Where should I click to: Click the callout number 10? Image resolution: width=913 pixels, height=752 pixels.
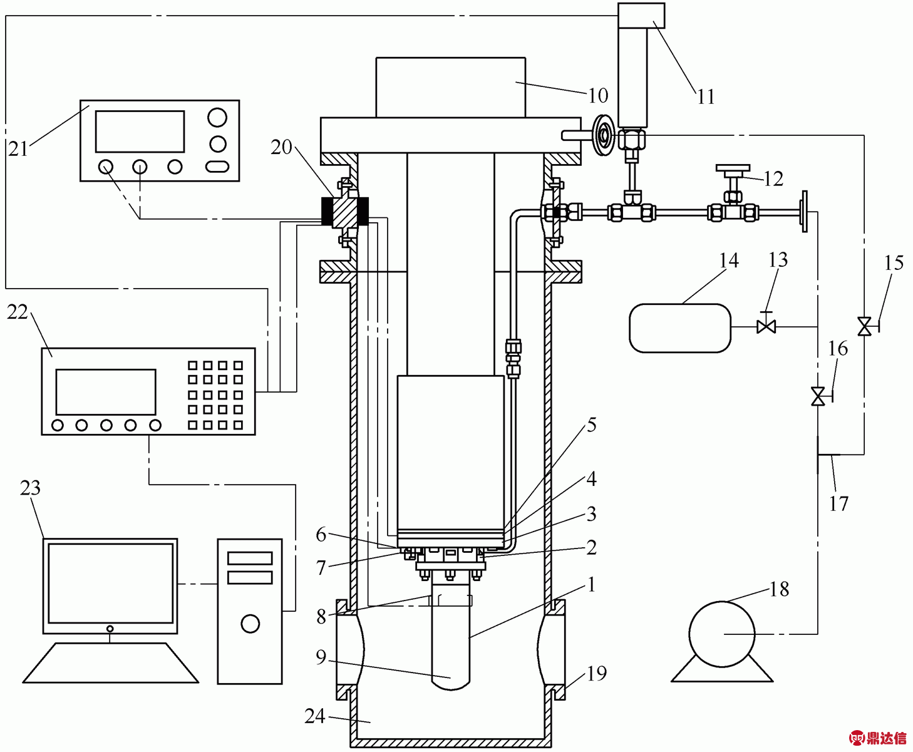[x=598, y=95]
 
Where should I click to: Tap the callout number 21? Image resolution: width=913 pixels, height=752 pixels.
[x=18, y=150]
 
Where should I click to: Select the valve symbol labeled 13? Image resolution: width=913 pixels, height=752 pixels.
[x=766, y=326]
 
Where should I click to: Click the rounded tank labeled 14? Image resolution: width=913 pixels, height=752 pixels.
[x=680, y=328]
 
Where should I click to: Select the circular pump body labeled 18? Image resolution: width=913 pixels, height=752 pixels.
[x=722, y=634]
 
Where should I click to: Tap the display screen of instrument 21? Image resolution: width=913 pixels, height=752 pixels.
[x=140, y=131]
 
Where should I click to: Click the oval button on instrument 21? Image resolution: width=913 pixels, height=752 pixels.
[x=217, y=167]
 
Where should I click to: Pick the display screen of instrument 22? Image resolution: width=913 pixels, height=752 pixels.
[x=106, y=392]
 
